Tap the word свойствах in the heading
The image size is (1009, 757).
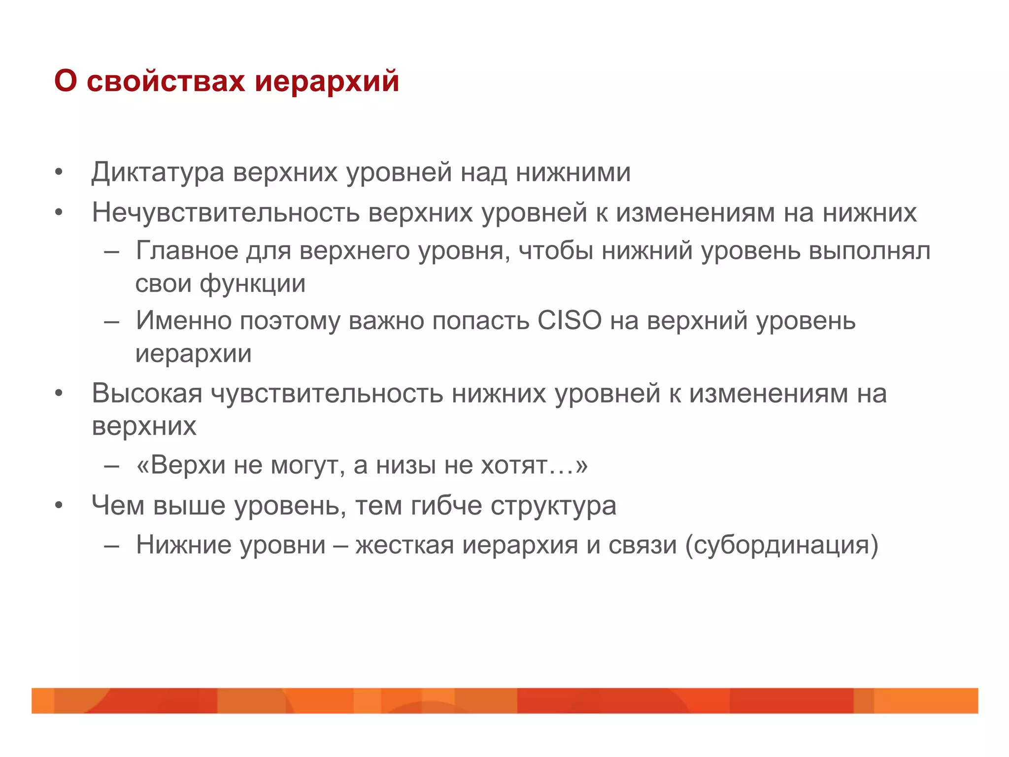tap(166, 81)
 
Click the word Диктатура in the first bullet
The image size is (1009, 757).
tap(158, 172)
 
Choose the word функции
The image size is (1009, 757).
tap(252, 283)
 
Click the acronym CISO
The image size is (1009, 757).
tap(570, 320)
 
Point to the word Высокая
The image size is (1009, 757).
tap(147, 393)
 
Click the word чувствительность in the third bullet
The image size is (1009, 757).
tap(327, 393)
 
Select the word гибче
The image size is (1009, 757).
tap(446, 505)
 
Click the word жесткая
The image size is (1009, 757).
tap(404, 545)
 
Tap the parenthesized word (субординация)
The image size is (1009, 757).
tap(781, 545)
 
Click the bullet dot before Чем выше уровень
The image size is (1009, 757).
tap(59, 505)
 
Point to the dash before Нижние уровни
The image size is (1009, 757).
tap(112, 545)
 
